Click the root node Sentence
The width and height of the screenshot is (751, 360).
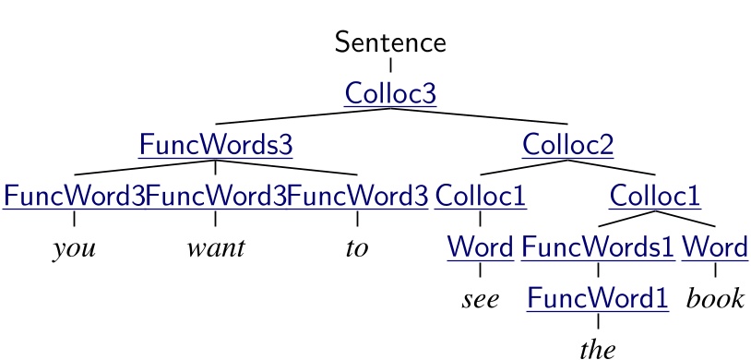coord(390,42)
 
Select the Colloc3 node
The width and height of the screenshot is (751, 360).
coord(390,93)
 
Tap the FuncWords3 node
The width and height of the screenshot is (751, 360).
coord(215,145)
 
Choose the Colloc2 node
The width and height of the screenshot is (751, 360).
coord(567,145)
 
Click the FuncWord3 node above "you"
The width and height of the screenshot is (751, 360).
coord(74,197)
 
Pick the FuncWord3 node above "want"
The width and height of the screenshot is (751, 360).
coord(215,197)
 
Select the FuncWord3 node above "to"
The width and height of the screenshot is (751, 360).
coord(357,197)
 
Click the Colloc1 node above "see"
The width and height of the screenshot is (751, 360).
coord(480,197)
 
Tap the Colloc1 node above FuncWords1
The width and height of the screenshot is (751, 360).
coord(655,197)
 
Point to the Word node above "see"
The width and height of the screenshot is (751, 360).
coord(480,247)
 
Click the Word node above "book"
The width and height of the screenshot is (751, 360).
coord(715,247)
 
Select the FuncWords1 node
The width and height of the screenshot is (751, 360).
coord(598,247)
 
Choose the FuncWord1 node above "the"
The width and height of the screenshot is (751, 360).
coord(598,299)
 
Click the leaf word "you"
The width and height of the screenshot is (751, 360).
coord(74,249)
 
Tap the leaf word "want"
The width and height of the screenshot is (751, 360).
coord(215,249)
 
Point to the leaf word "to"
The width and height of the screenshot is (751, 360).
coord(357,249)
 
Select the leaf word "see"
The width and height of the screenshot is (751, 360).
coord(480,300)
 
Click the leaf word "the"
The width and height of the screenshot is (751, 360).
coord(598,350)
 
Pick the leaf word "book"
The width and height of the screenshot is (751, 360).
coord(715,300)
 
